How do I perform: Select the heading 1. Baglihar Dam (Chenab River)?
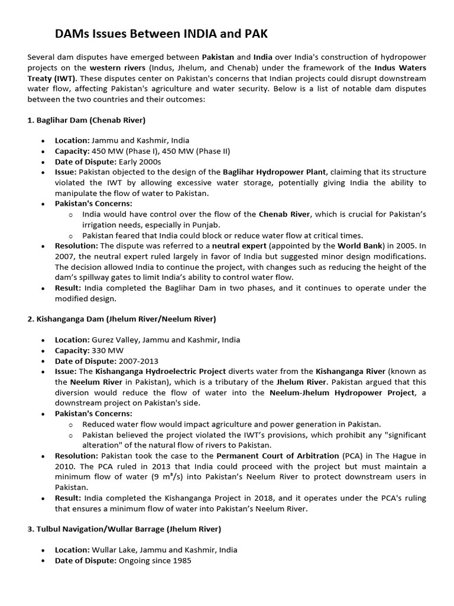[86, 120]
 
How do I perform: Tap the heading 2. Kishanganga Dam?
[121, 319]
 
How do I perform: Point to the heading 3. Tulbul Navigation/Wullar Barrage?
[124, 528]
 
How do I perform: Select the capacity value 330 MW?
[105, 350]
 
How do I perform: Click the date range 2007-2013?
[138, 360]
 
